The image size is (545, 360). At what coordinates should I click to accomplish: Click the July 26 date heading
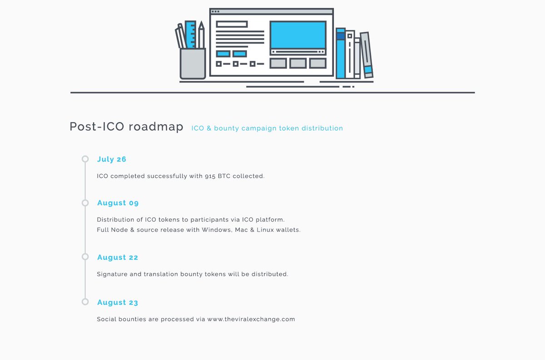112,159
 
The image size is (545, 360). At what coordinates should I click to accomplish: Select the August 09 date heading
118,203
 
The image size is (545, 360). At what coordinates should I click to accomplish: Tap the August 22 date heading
118,257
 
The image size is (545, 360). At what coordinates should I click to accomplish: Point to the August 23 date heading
118,302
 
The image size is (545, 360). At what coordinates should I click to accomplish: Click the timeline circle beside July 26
85,159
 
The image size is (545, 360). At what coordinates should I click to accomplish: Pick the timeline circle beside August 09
85,203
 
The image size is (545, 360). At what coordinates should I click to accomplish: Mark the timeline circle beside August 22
85,257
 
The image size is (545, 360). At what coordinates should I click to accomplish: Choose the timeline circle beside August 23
85,302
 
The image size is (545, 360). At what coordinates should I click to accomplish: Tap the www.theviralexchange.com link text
251,319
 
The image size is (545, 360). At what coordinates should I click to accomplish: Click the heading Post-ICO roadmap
126,127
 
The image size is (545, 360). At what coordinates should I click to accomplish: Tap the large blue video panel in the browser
298,35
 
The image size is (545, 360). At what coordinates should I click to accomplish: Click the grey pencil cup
193,64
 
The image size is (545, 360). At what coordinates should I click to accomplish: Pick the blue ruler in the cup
191,35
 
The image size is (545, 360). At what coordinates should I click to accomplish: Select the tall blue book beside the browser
341,54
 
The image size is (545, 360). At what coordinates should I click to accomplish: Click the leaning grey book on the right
367,54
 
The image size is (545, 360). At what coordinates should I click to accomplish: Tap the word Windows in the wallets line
216,230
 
